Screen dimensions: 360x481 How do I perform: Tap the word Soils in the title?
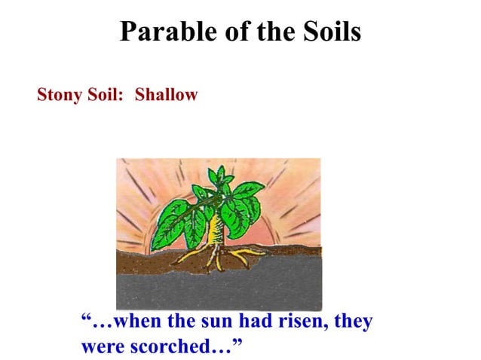coord(329,32)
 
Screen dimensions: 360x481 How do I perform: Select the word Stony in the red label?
coord(58,96)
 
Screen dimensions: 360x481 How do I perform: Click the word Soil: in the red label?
coord(105,96)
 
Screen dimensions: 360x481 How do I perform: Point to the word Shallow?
coord(166,96)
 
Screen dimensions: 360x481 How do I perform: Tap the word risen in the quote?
coord(302,322)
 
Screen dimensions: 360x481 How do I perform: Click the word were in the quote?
coord(100,347)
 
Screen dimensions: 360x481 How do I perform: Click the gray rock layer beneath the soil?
coord(219,290)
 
